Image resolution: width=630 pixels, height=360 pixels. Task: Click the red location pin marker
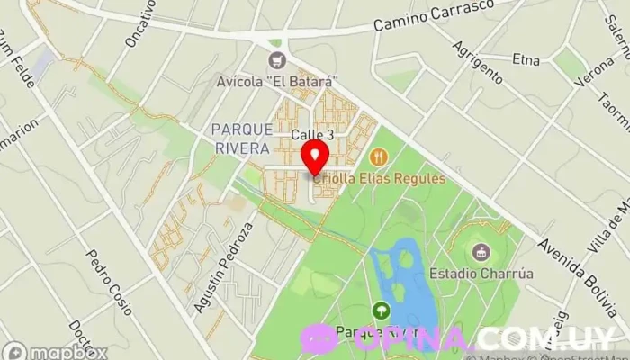313,157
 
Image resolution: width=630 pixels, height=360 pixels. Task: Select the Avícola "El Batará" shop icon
276,60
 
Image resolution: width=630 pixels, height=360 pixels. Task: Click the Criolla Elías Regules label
380,178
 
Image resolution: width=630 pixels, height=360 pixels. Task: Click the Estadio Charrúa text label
475,272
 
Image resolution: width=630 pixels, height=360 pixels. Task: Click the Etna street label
526,60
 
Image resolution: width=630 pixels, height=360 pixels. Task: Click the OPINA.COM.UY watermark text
486,338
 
